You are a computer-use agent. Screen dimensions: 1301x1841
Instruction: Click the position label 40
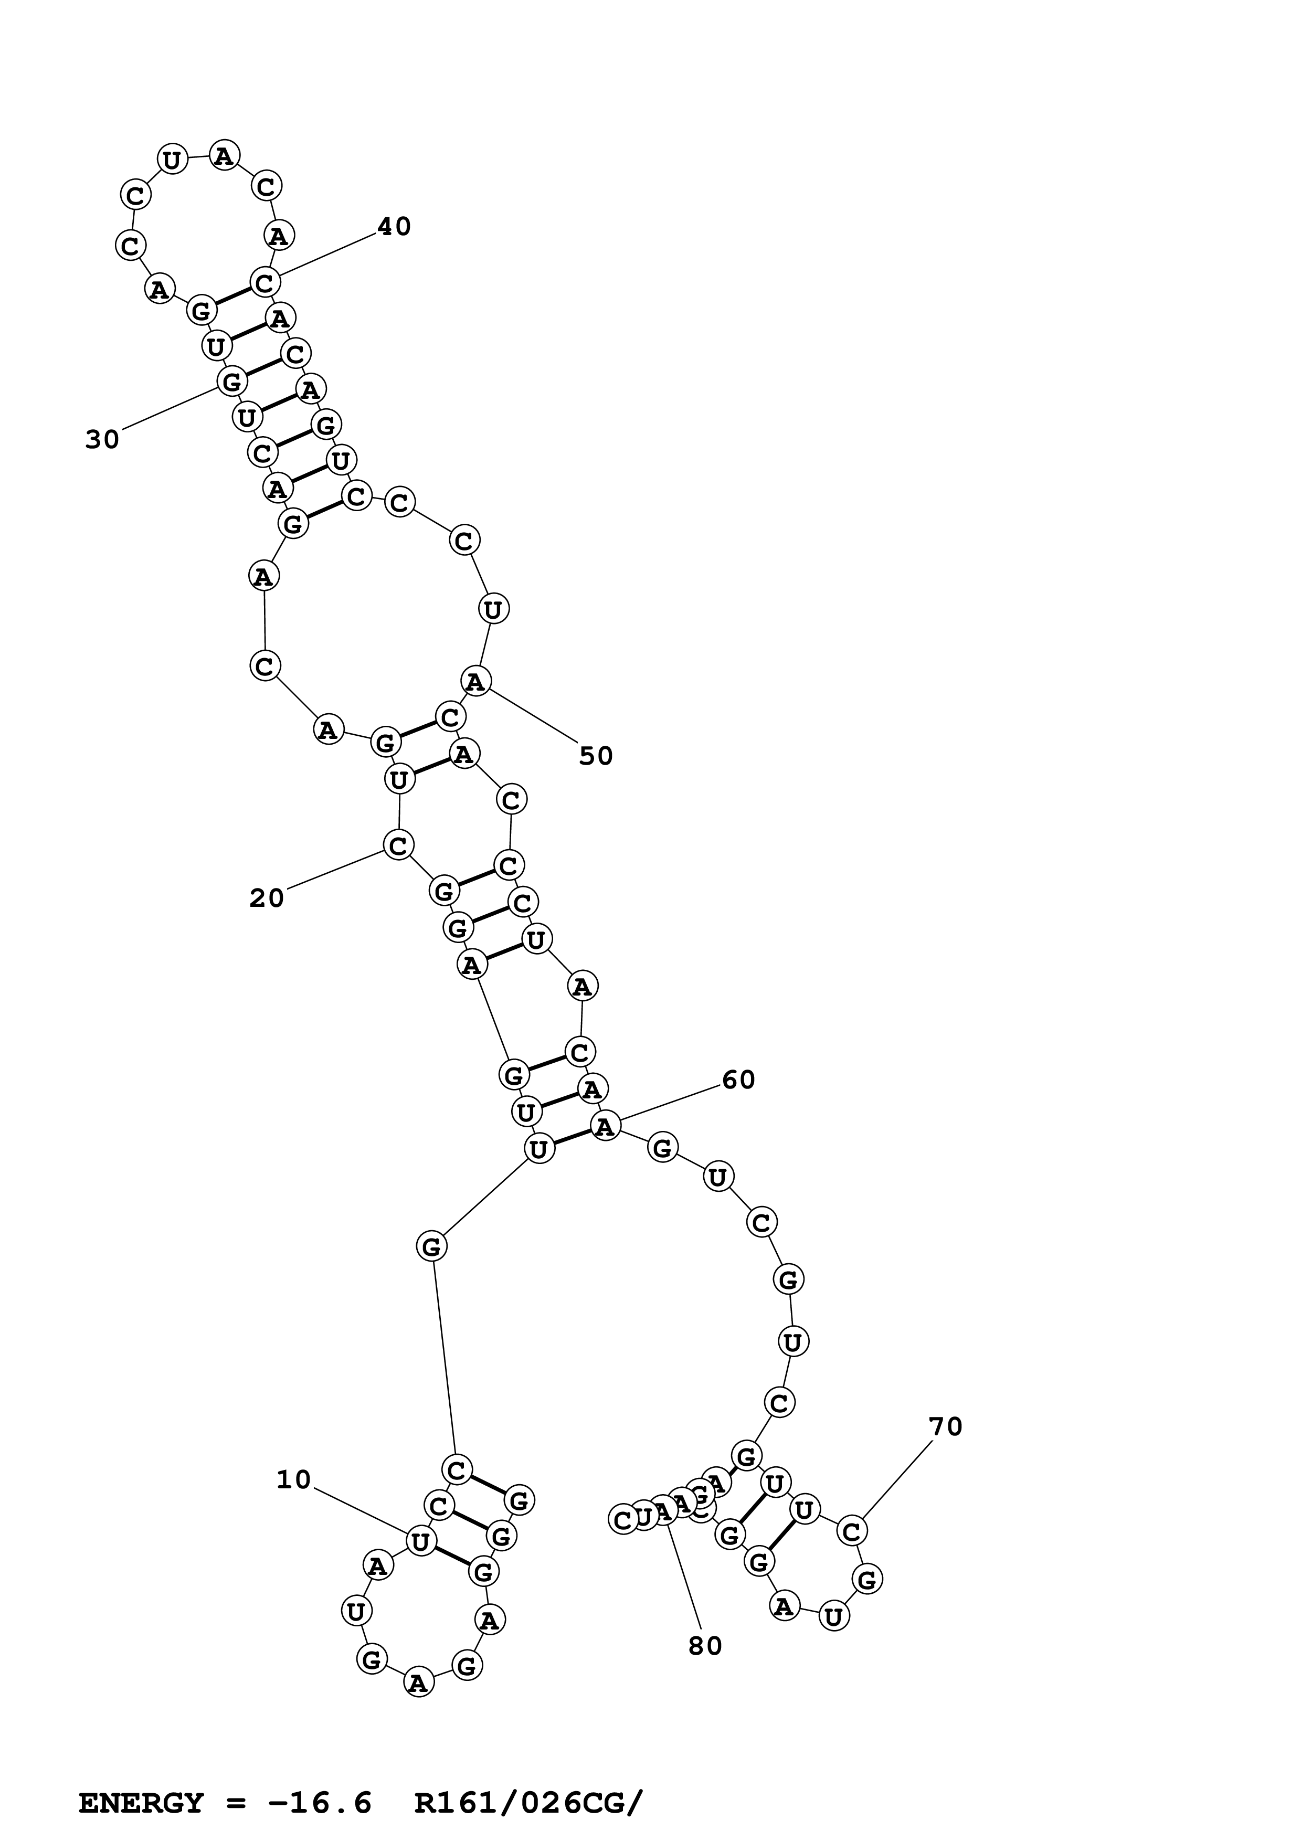[394, 227]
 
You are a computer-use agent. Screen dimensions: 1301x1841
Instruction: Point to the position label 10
[293, 1480]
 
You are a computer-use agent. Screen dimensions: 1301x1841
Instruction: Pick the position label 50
[596, 756]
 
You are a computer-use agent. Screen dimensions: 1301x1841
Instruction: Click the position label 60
[738, 1080]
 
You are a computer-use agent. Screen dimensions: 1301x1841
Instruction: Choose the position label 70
[945, 1426]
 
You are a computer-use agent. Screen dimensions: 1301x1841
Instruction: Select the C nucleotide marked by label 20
[398, 844]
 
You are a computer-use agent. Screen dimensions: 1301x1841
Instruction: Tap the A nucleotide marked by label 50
[475, 682]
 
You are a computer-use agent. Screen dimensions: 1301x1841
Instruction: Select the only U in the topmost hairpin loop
[172, 160]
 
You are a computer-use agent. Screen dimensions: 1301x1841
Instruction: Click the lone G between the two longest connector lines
[431, 1246]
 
